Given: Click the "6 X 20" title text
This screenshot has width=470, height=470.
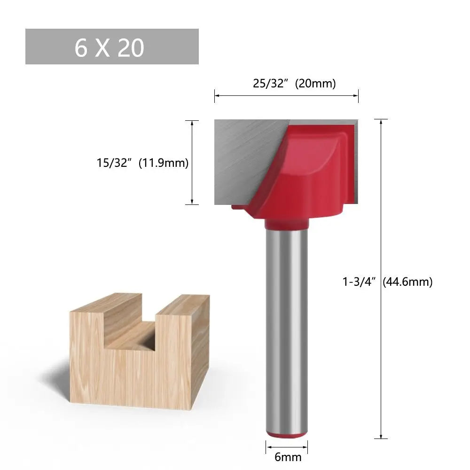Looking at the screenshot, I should coord(109,47).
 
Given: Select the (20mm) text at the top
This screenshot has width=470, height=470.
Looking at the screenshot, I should coord(315,84).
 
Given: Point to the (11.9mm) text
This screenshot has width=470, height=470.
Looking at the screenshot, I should coord(164,163).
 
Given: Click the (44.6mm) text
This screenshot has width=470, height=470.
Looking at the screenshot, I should coord(407,282).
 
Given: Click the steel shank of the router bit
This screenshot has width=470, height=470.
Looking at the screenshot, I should coord(286,329).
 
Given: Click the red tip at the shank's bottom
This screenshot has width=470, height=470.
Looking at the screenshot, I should coord(286,435).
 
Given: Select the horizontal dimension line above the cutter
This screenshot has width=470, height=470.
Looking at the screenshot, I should coord(286,95).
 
